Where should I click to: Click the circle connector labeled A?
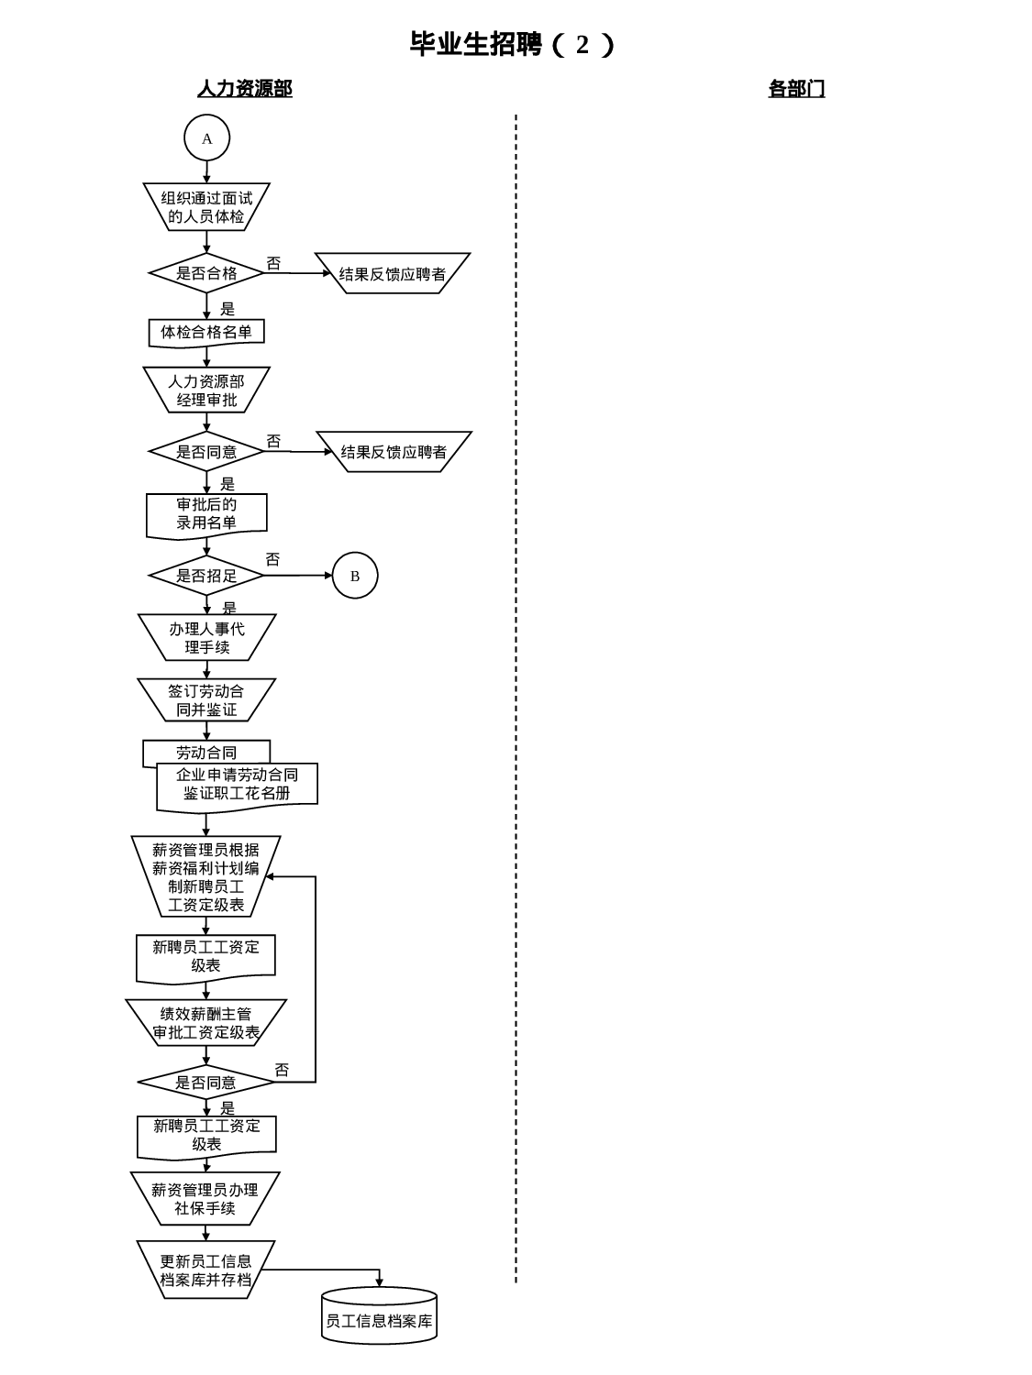click(x=206, y=138)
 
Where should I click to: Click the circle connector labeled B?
click(x=355, y=576)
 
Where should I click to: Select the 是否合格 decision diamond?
click(x=206, y=273)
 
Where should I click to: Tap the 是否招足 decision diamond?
click(x=206, y=576)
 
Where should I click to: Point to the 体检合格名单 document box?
click(x=206, y=332)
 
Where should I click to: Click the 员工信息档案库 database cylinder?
click(x=379, y=1320)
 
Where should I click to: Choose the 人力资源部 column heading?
click(x=245, y=89)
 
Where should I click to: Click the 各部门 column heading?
click(x=796, y=89)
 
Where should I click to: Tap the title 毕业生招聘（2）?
click(x=513, y=44)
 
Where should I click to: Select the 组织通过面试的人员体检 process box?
click(x=206, y=207)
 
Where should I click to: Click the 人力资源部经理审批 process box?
click(x=206, y=390)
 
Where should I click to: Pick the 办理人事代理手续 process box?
click(x=206, y=638)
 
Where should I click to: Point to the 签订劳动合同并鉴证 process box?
click(x=206, y=700)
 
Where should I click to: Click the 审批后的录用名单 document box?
click(x=206, y=514)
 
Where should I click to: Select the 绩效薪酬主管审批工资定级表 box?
click(x=206, y=1023)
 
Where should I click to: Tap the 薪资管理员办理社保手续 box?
click(x=205, y=1199)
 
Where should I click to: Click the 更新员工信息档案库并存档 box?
click(x=205, y=1270)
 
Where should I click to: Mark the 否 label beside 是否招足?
click(x=272, y=559)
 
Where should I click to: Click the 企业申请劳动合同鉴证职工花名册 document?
click(x=237, y=785)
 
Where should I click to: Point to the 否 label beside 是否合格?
click(x=273, y=263)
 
